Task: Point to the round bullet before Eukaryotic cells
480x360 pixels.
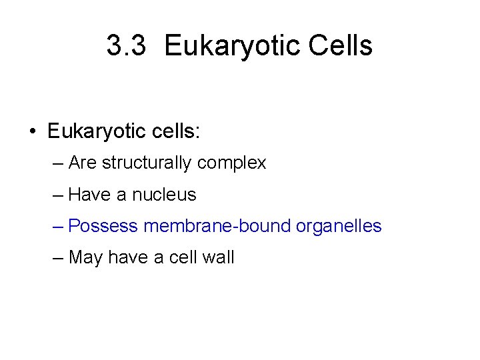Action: click(x=33, y=131)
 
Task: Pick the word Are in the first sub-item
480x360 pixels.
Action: click(x=83, y=163)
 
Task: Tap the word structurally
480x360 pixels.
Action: click(x=147, y=163)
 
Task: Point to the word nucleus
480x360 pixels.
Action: click(x=164, y=195)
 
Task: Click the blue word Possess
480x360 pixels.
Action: click(x=103, y=227)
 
